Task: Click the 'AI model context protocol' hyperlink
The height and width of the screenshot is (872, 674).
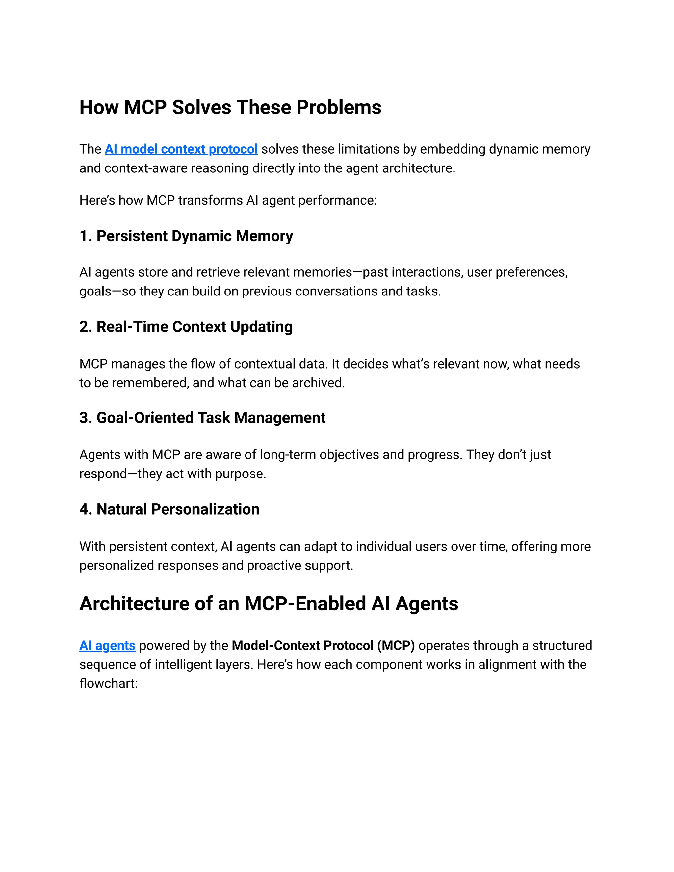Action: [x=181, y=149]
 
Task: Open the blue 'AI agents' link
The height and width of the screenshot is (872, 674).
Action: [x=107, y=646]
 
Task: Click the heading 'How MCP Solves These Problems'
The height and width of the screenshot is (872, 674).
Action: [x=230, y=107]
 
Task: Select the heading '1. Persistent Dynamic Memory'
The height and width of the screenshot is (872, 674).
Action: [x=186, y=236]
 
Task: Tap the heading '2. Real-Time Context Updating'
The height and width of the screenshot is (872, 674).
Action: [x=186, y=327]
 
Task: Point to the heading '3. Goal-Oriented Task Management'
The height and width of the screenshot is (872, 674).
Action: [x=202, y=418]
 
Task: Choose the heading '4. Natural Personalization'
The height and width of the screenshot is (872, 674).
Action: [x=169, y=509]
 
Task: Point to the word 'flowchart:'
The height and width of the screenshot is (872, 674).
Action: [x=109, y=683]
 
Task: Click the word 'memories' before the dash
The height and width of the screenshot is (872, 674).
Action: [x=322, y=272]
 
